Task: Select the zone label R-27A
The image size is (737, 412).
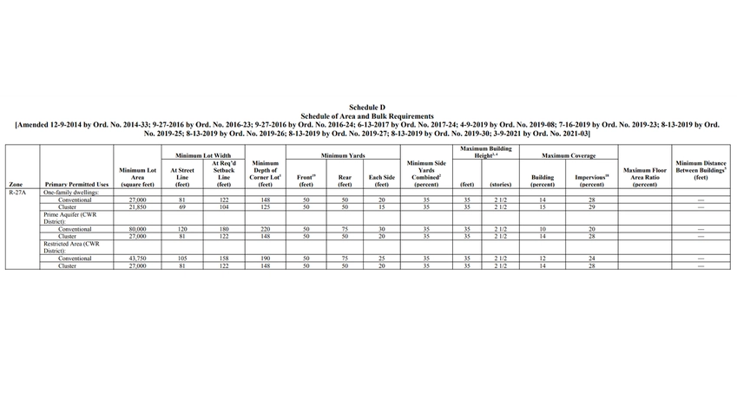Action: (x=17, y=192)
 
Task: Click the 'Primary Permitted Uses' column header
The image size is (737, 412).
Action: (x=76, y=185)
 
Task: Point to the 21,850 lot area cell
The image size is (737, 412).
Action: (x=137, y=207)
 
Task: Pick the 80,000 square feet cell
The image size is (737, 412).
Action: (x=137, y=229)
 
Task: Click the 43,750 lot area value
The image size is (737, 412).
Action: (x=137, y=258)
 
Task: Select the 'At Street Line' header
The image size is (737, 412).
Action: (x=182, y=177)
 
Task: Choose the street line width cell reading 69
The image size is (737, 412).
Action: (x=182, y=207)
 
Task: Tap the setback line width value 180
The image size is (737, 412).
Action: (x=224, y=229)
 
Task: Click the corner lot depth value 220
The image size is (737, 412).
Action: (x=266, y=229)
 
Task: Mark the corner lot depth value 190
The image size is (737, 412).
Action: (x=266, y=258)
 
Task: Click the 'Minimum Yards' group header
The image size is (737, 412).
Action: (x=344, y=155)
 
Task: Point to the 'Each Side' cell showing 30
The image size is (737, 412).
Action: (x=382, y=229)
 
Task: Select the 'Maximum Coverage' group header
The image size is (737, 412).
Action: (x=569, y=155)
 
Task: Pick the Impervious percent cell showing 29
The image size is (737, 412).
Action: (x=591, y=207)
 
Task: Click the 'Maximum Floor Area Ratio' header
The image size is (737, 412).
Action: (x=644, y=177)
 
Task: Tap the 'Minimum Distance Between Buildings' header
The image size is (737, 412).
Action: (x=701, y=169)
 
